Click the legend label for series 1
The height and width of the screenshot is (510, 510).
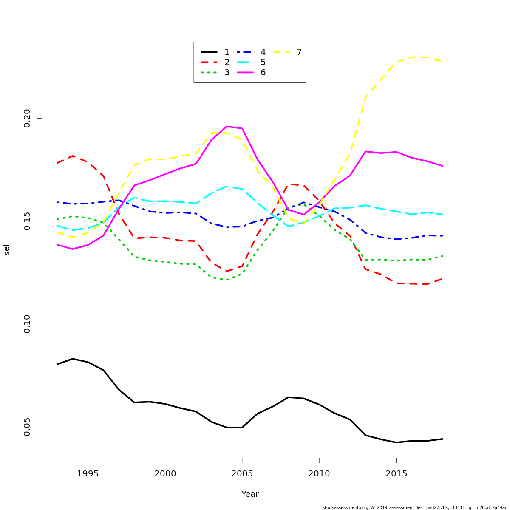tap(227, 52)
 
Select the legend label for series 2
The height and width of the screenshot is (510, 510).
tap(227, 62)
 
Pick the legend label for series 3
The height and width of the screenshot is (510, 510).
tap(227, 73)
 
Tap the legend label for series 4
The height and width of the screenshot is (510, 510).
tap(263, 52)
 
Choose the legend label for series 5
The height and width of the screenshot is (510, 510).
tap(263, 62)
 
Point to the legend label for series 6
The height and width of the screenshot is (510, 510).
tap(263, 73)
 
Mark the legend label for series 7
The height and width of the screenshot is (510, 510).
tap(299, 52)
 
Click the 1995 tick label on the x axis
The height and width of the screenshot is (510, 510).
tap(88, 474)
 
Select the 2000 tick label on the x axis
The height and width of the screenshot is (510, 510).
tap(165, 474)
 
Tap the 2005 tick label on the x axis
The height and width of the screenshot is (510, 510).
tap(242, 474)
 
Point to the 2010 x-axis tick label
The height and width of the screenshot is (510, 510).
tap(319, 474)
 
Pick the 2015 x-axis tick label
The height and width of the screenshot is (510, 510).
tap(396, 474)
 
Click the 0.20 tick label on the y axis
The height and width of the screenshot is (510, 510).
tap(27, 118)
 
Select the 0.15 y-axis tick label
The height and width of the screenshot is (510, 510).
tap(27, 221)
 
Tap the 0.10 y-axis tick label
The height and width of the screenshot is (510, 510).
tap(27, 324)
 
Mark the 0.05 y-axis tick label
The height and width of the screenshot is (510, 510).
tap(27, 427)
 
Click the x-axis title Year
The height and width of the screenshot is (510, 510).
tap(250, 494)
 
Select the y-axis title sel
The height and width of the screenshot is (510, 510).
tap(7, 250)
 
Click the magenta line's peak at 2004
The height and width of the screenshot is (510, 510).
tap(227, 126)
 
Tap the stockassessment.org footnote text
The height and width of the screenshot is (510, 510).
tap(415, 507)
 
